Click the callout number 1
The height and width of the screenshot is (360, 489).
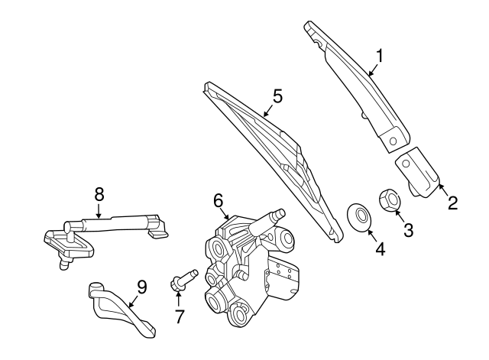[x=380, y=56]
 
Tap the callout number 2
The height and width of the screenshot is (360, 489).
[x=452, y=203]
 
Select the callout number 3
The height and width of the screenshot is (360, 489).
[x=408, y=230]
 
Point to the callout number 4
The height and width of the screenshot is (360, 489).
[x=381, y=249]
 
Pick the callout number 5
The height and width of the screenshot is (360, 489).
[x=277, y=96]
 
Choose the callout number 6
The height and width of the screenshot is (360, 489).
[x=219, y=200]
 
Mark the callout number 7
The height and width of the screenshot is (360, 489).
[x=179, y=316]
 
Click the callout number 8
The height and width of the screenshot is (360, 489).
[x=99, y=194]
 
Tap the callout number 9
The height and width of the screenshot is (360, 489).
[x=141, y=287]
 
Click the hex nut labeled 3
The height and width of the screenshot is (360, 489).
[x=390, y=200]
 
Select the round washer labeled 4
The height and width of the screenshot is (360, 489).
[x=360, y=217]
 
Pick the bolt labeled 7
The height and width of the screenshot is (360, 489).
[x=184, y=278]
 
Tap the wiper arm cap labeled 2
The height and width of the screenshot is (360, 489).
[x=418, y=172]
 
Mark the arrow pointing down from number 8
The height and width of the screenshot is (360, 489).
[x=99, y=211]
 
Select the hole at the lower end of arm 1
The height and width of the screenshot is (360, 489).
[x=393, y=141]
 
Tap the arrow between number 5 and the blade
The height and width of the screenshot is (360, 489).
[x=268, y=110]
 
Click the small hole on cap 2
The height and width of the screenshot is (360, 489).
[x=406, y=164]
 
